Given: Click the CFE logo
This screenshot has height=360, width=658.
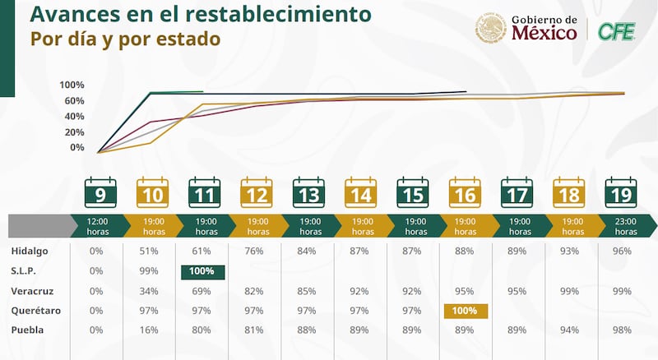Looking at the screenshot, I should pos(615,30).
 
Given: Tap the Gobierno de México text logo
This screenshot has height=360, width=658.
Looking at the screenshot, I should pos(544,29).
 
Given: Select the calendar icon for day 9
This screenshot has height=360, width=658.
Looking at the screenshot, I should pos(100,193).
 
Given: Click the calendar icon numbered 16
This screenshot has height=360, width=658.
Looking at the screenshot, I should pos(463,193).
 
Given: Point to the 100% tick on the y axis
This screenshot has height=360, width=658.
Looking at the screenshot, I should pos(72,85).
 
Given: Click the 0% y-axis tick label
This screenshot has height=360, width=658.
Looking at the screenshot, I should pos(76,147).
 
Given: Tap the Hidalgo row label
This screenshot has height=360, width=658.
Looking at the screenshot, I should pos(29,251).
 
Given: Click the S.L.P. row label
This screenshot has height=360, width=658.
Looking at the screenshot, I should pos(25,270).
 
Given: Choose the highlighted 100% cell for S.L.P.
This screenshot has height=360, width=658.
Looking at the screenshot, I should pos(202,271).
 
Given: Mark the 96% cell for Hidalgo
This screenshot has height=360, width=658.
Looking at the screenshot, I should pos(622,251).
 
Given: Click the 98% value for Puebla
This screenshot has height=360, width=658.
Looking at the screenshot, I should pos(622,330).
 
